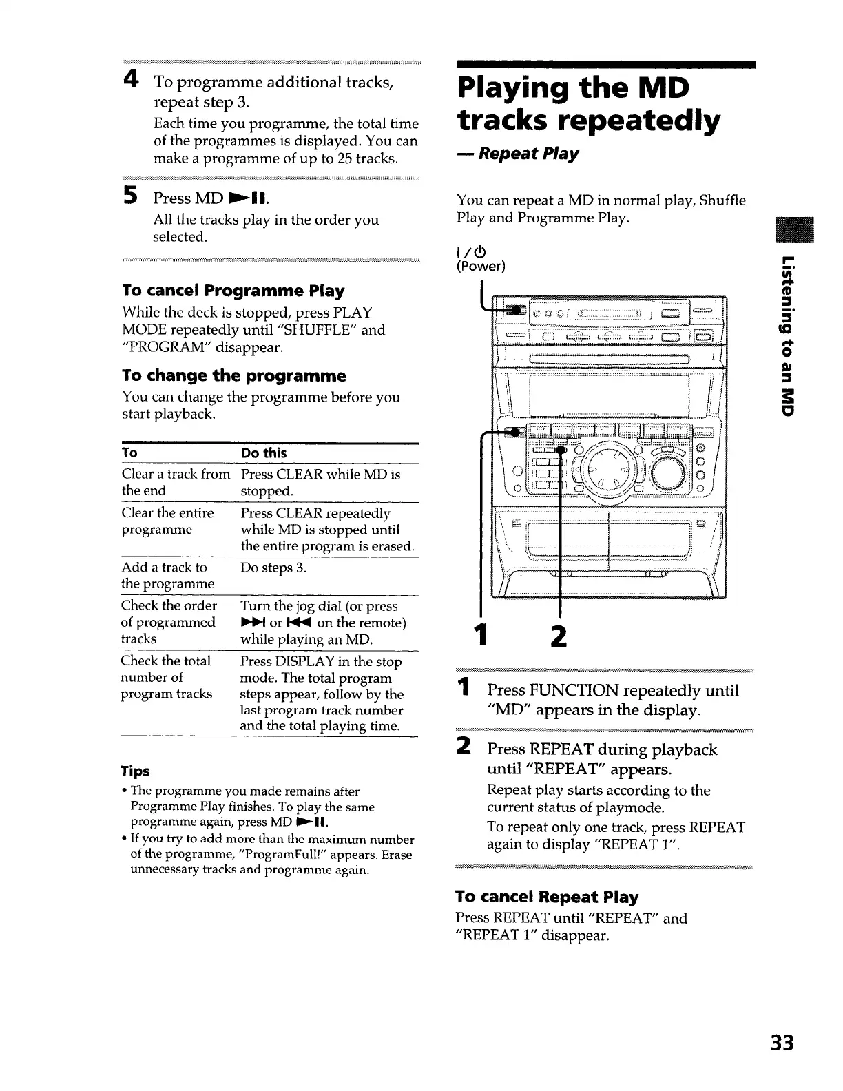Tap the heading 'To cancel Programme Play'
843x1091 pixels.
tap(233, 291)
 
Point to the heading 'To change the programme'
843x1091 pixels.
tap(233, 375)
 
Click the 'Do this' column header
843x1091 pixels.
tap(263, 453)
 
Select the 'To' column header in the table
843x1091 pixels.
tap(129, 453)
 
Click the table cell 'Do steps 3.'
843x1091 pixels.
tap(273, 568)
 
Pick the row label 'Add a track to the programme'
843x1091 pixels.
tap(167, 575)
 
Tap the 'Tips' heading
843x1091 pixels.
tap(135, 771)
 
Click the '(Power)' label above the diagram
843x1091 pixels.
tap(481, 266)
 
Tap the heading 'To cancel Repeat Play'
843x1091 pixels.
tap(546, 897)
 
